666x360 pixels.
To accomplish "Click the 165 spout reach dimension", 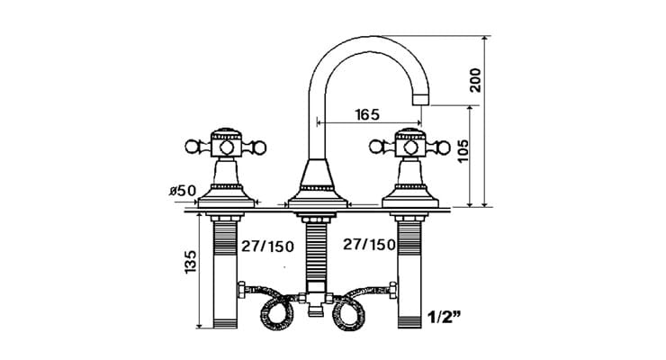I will tap(366, 114).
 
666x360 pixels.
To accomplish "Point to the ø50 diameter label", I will tap(182, 191).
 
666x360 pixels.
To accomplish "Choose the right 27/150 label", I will tap(369, 245).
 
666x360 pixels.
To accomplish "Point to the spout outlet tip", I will tap(419, 102).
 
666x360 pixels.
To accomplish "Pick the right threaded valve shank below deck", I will tap(409, 270).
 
